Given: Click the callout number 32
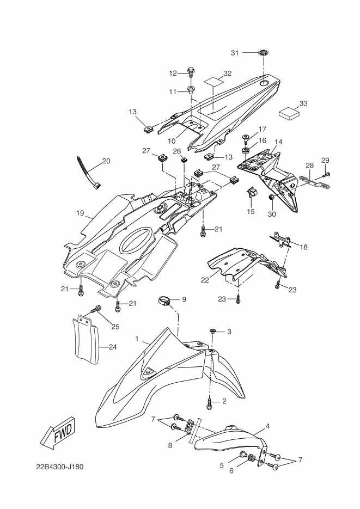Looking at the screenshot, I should pos(227,73).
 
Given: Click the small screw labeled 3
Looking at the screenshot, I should pos(213,331).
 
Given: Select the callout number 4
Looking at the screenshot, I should pos(268,427).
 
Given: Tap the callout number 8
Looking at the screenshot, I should pos(170,445).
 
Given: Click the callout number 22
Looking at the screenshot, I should pos(204,280).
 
